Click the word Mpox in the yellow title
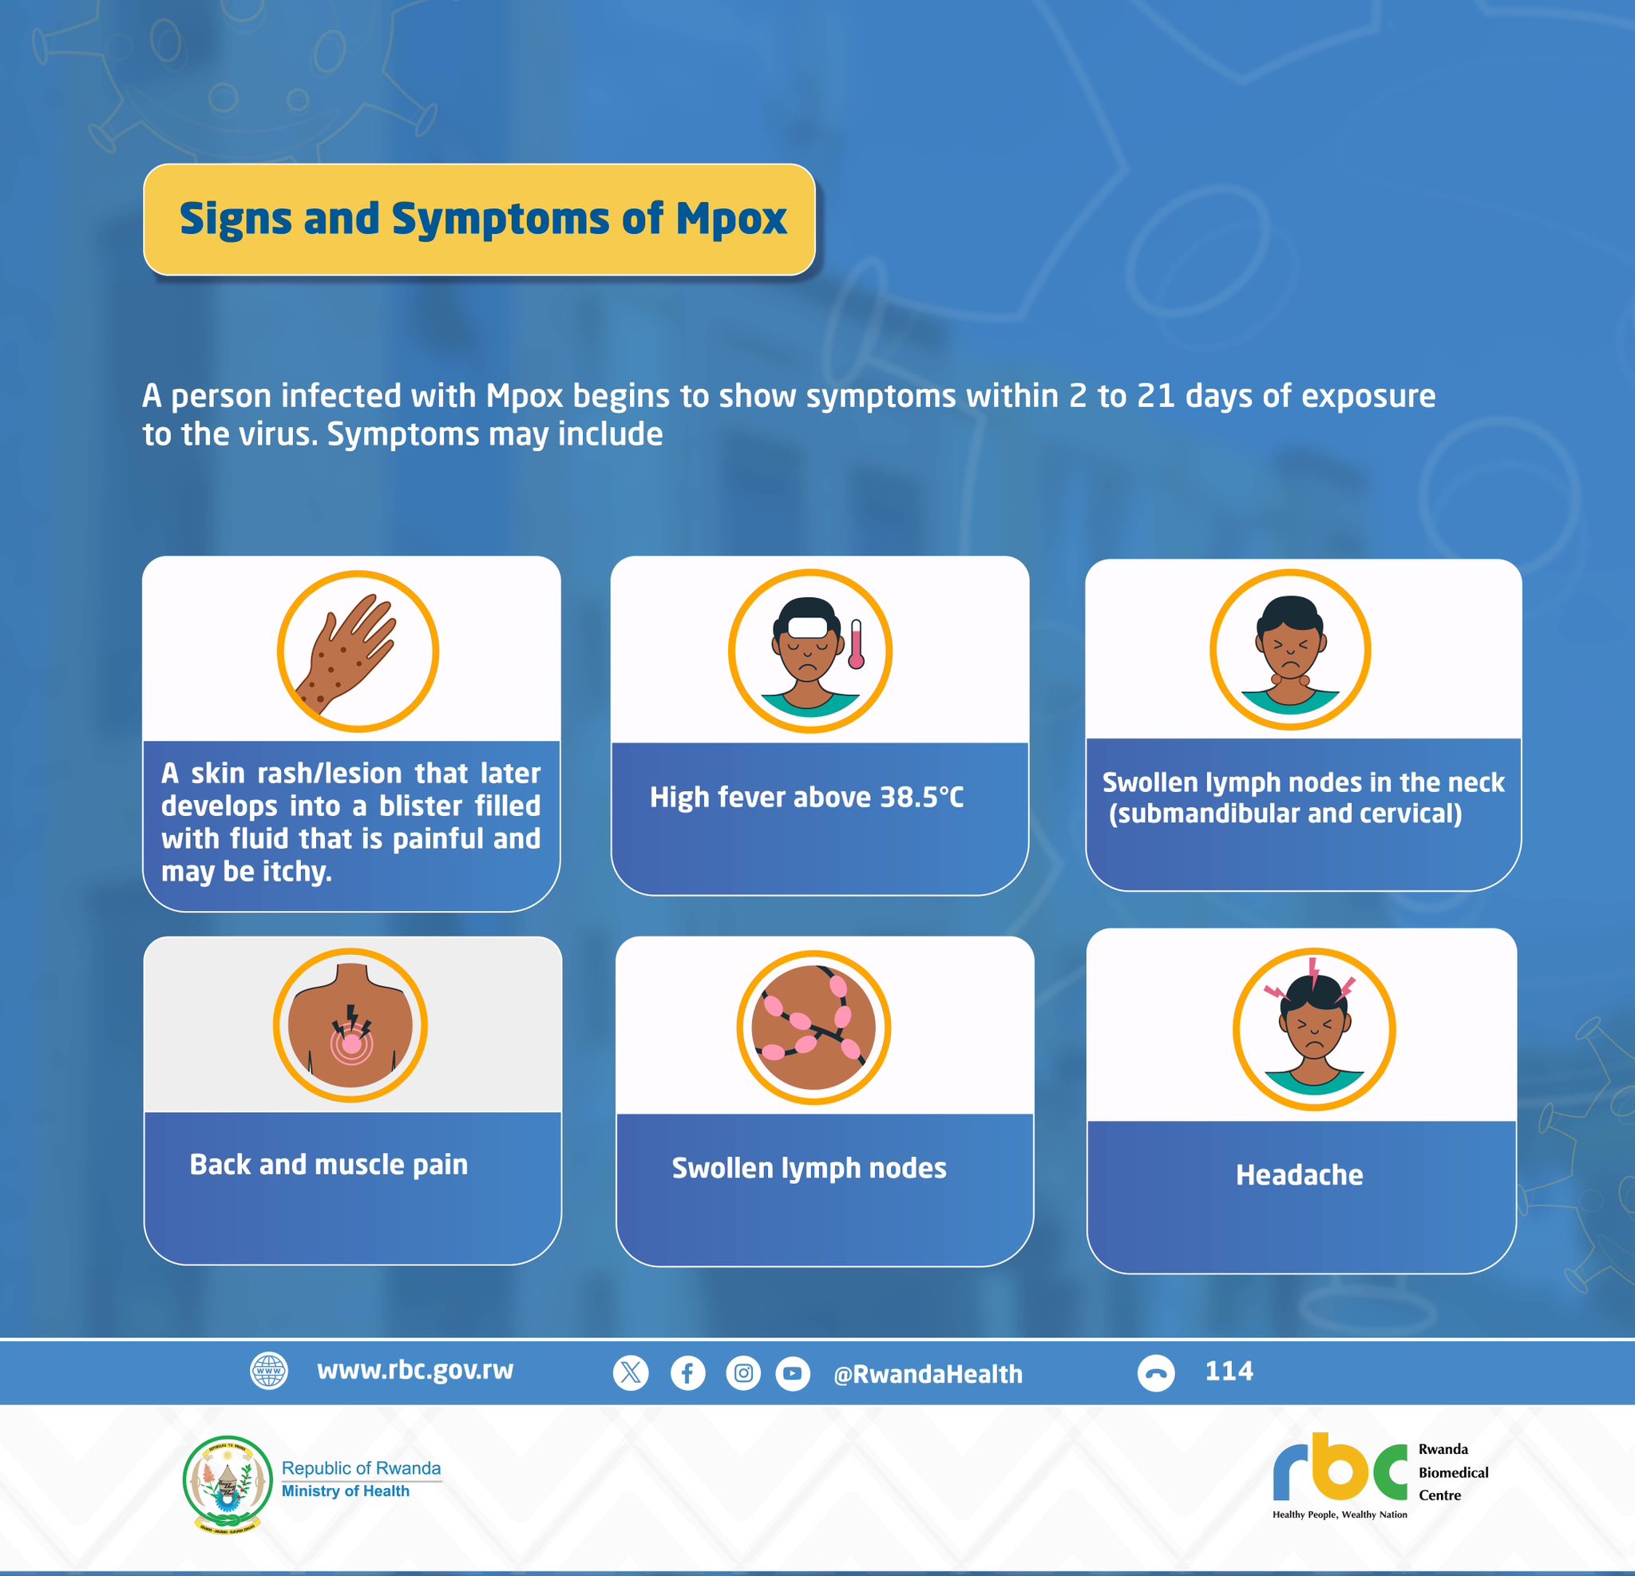(730, 219)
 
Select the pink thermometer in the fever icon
(856, 644)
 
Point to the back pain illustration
(350, 1025)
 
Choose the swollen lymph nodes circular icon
(814, 1028)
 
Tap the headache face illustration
(1314, 1028)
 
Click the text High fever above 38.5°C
(806, 798)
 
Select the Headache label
(1300, 1174)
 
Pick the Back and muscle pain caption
(329, 1165)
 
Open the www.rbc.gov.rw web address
(415, 1370)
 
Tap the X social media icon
(631, 1372)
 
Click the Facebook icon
(688, 1372)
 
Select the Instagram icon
(743, 1372)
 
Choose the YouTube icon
(793, 1373)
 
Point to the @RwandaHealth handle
(928, 1374)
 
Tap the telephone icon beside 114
(1156, 1372)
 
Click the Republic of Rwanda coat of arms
(227, 1484)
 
